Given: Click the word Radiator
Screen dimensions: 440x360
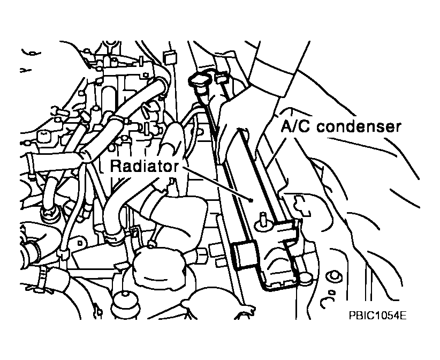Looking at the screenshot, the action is point(144,166).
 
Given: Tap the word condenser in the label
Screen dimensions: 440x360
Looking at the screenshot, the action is point(359,126).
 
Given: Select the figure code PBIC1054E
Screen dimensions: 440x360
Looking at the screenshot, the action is point(377,315).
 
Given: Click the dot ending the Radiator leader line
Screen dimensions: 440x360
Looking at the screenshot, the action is point(251,200).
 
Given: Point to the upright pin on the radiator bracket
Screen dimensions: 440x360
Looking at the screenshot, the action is point(263,219).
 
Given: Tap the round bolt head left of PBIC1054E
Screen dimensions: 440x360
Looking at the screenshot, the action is point(334,277).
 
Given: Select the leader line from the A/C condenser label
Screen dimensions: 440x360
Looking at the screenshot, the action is point(276,149).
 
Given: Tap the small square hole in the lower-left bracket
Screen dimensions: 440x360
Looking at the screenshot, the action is point(80,242).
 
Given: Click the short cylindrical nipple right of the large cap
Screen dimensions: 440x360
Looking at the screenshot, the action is point(201,256).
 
